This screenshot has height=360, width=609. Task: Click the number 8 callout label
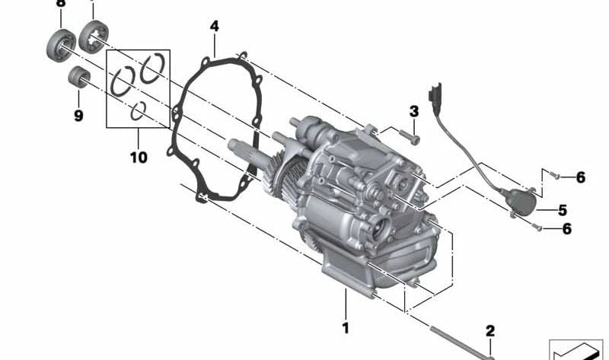click(61, 4)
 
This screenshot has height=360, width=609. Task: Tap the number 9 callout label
click(78, 116)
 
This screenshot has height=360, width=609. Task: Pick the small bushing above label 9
click(78, 77)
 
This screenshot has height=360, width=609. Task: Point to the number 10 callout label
click(139, 158)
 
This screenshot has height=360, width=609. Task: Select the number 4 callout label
click(215, 27)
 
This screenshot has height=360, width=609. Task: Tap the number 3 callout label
click(414, 111)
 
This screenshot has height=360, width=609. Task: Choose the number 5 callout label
click(563, 209)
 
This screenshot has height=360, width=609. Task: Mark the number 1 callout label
click(345, 329)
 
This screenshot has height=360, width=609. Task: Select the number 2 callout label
click(490, 330)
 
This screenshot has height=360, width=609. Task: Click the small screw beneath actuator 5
click(540, 228)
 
